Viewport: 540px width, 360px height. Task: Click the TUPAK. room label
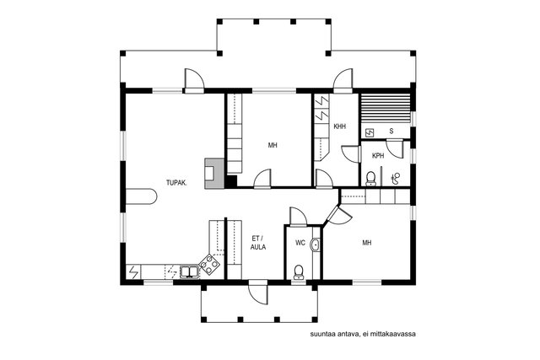coord(176,183)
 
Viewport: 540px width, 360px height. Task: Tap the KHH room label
coord(339,126)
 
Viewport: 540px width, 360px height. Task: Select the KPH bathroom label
coord(378,156)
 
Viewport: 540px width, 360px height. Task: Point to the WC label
coord(300,243)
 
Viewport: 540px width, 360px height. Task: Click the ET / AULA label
coord(258,242)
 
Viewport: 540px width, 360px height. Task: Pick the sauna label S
coord(391,132)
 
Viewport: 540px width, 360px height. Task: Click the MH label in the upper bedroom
coord(273,145)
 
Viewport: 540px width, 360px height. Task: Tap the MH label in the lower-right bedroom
coord(367,243)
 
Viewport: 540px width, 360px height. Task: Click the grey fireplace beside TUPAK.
coord(214,173)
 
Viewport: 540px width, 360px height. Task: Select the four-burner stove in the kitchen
coord(210,265)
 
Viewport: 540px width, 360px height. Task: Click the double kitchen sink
coord(189,271)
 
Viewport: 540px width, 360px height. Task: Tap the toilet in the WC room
coord(298,272)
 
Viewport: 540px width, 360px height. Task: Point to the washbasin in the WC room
coord(315,245)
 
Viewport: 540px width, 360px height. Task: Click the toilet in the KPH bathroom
coord(370,179)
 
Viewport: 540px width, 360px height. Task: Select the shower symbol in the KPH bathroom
coord(396,178)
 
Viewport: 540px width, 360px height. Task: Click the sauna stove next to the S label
coord(370,132)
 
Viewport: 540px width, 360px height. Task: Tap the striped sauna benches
coord(385,108)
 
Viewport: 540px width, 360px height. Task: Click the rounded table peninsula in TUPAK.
coord(141,196)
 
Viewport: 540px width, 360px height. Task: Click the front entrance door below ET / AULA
coord(258,292)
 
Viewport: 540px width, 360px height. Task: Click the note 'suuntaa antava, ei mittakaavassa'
coord(363,334)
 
